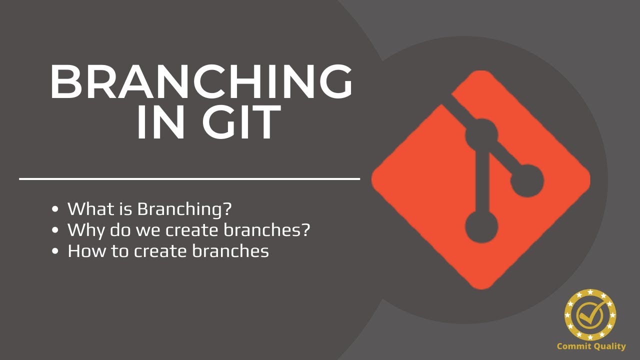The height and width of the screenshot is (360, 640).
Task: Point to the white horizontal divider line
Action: coord(189,178)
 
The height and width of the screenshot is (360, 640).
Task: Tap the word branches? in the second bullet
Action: coord(267,230)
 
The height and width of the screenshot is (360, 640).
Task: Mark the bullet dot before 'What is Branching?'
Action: coord(56,209)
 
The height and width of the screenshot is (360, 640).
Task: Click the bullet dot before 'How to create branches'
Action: coord(56,251)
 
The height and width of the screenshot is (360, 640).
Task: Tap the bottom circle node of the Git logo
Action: coord(481,226)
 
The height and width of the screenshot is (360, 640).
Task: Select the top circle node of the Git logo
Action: coord(481,134)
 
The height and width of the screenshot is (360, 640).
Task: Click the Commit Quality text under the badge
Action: coord(591,346)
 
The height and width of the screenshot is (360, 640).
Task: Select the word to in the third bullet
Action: coord(119,251)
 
